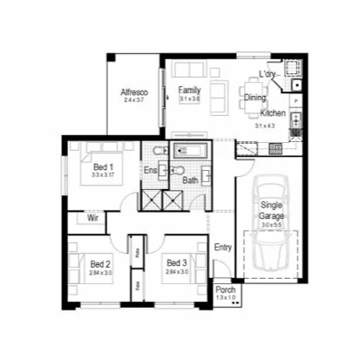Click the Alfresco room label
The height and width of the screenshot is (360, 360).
point(133,92)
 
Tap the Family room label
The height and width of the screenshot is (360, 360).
point(189,91)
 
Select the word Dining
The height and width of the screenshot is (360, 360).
point(255,98)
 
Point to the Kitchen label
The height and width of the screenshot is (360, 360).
point(272,114)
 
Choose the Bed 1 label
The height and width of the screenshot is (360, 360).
point(102,166)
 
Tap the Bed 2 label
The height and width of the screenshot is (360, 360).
point(100,263)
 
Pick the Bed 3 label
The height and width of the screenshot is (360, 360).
point(176,263)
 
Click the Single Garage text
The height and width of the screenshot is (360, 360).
point(272,209)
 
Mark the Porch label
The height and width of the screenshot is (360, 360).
point(225,290)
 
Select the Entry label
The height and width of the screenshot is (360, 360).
point(223,248)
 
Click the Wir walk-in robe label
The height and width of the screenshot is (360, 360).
point(93,219)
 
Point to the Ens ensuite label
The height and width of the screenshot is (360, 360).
point(151,171)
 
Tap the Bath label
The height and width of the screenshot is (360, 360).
point(191,180)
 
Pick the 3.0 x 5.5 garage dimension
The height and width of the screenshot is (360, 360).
point(272,225)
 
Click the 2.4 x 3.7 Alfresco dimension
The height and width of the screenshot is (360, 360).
point(133,100)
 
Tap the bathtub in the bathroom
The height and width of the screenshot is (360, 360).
point(189,153)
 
